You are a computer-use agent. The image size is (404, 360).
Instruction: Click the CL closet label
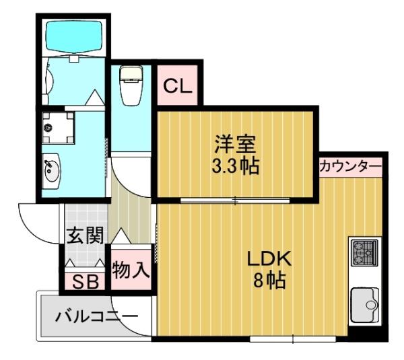(178, 85)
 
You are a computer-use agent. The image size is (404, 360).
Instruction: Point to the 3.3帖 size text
(235, 166)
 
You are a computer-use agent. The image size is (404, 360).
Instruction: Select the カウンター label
(351, 166)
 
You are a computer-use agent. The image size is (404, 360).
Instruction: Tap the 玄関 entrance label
(86, 236)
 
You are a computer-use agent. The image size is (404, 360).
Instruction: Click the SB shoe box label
(84, 281)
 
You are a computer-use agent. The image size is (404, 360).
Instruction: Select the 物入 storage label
(129, 271)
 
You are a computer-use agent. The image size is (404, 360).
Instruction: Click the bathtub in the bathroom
(72, 38)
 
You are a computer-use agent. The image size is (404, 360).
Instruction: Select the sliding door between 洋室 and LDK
(235, 200)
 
